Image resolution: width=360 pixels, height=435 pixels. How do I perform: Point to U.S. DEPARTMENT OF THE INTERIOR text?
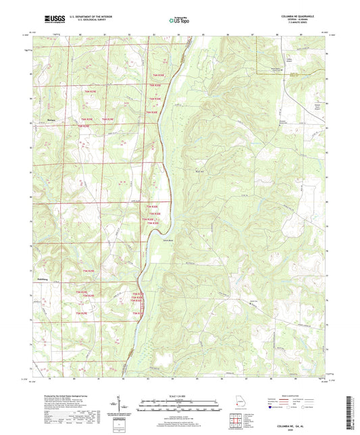pos(91,16)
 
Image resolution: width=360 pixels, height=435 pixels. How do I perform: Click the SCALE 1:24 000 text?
pos(178,395)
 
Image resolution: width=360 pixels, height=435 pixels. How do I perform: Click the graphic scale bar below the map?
pos(178,405)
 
